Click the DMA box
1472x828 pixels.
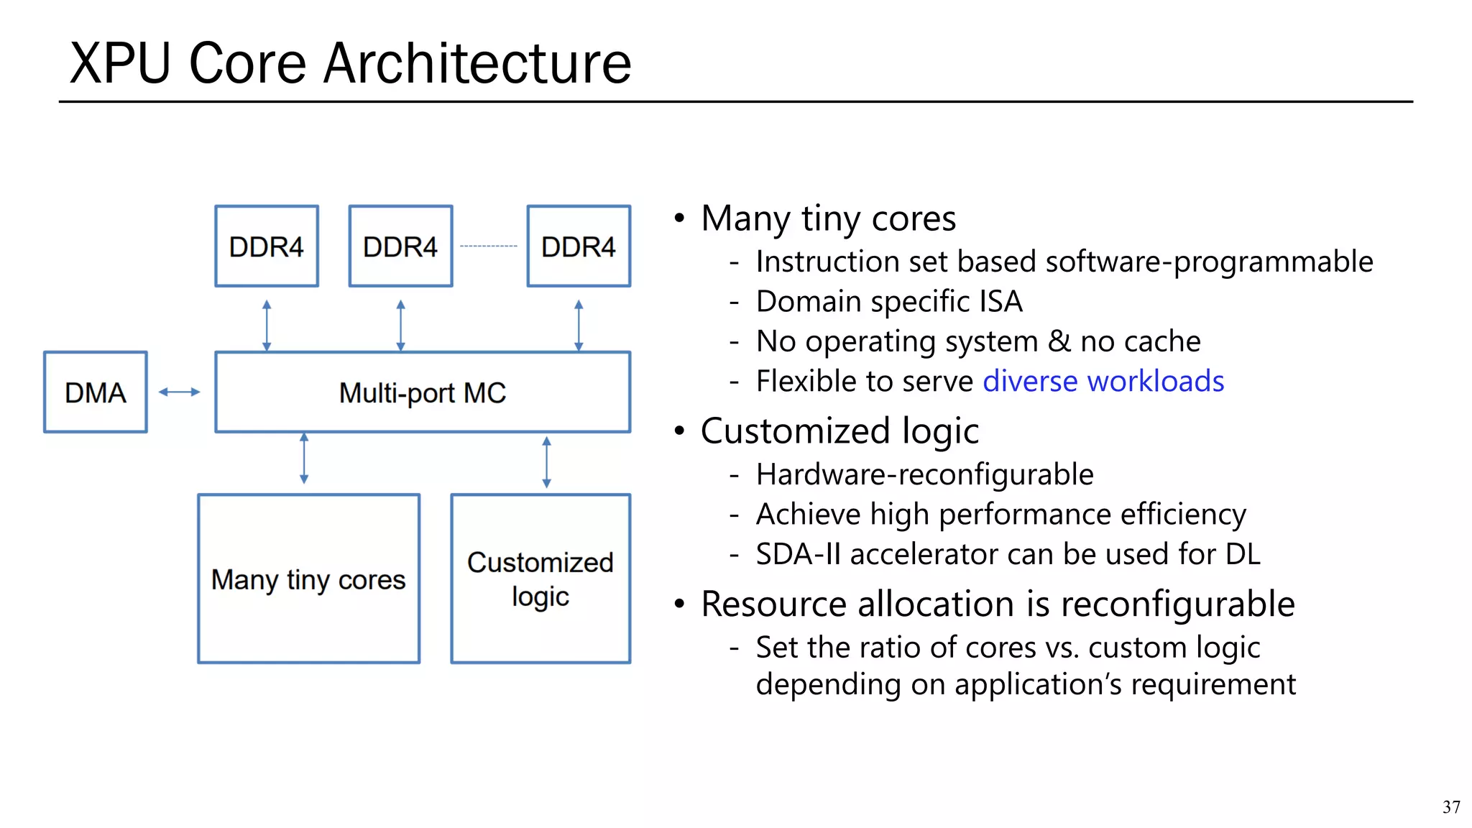click(x=96, y=392)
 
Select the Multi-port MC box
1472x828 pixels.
click(x=423, y=392)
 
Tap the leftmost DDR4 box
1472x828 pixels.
click(x=267, y=247)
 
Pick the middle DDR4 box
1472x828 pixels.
click(x=400, y=247)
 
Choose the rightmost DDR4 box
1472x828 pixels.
click(x=579, y=247)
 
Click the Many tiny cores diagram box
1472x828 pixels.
click(x=308, y=579)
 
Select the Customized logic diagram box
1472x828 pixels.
click(x=540, y=579)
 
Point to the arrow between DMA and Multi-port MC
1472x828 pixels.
click(x=179, y=392)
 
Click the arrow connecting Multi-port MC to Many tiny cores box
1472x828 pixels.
click(x=304, y=458)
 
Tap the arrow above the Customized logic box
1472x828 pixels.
click(x=546, y=462)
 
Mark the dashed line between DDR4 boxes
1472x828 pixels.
click(x=489, y=247)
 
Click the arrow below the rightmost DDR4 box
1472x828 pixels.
click(x=579, y=325)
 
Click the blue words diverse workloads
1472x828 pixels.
click(x=1103, y=381)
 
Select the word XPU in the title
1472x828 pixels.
click(x=120, y=63)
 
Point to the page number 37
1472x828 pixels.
click(x=1450, y=807)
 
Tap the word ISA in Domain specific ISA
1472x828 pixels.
click(x=1000, y=301)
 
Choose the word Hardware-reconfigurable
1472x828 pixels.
click(x=924, y=474)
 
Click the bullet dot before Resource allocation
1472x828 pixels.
click(x=679, y=604)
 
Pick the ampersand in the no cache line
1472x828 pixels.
click(x=1059, y=341)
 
